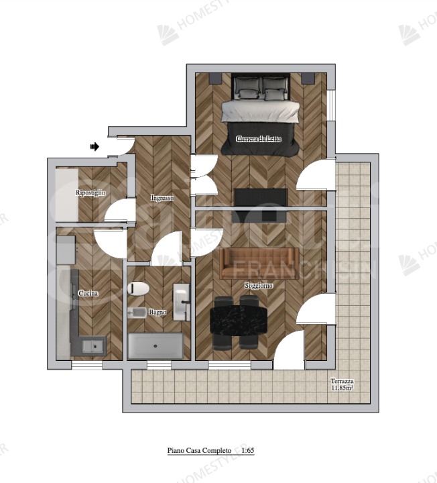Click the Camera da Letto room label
pyautogui.click(x=259, y=139)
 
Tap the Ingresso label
pyautogui.click(x=163, y=198)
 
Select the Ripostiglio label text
pyautogui.click(x=90, y=193)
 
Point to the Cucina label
pyautogui.click(x=89, y=294)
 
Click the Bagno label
pyautogui.click(x=158, y=313)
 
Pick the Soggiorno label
pyautogui.click(x=258, y=285)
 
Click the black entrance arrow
pyautogui.click(x=95, y=146)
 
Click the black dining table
pyautogui.click(x=239, y=319)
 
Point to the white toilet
pyautogui.click(x=138, y=288)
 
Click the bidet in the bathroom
pyautogui.click(x=138, y=312)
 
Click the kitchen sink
pyautogui.click(x=92, y=347)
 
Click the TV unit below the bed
pyautogui.click(x=261, y=198)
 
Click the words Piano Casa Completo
pyautogui.click(x=199, y=451)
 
